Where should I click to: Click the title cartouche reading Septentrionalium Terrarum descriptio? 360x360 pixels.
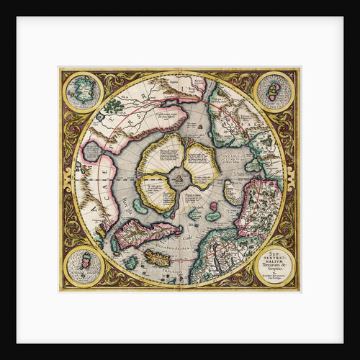pyautogui.click(x=271, y=263)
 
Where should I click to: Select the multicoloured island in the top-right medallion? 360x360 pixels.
pyautogui.click(x=274, y=91)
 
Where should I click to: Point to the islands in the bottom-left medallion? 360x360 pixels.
pyautogui.click(x=85, y=264)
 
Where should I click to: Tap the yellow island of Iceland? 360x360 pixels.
pyautogui.click(x=158, y=257)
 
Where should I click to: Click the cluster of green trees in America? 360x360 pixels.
pyautogui.click(x=113, y=106)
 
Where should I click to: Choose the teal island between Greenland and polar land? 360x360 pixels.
pyautogui.click(x=139, y=206)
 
